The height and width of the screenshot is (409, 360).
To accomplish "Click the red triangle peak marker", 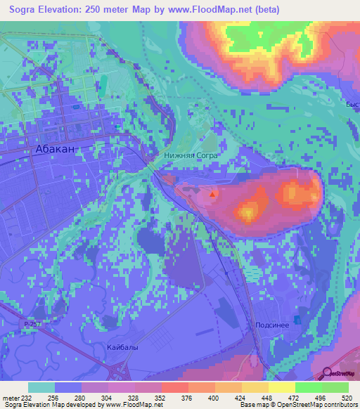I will coord(214,192).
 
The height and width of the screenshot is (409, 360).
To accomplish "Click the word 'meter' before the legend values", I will coord(10,397).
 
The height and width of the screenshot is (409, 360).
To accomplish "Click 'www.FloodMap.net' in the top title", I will coord(208,9).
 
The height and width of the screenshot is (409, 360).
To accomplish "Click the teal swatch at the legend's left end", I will coord(41,387).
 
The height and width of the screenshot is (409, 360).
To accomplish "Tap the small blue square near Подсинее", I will coord(297,320).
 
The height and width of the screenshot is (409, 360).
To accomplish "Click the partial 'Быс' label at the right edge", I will coord(352,105).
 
